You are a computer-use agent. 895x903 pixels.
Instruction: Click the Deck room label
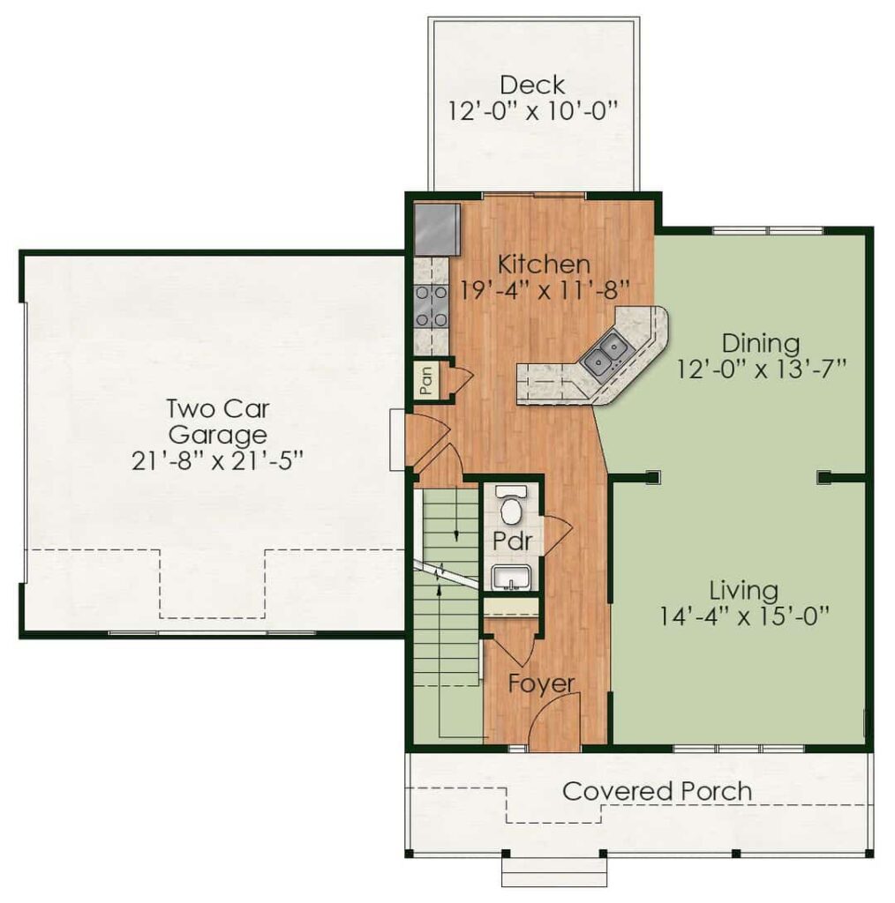pos(532,86)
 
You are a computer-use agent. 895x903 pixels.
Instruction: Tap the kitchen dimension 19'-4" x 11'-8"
pos(544,289)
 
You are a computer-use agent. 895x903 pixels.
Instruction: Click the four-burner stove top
pos(431,306)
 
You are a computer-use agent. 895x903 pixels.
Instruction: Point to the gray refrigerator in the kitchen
pos(437,229)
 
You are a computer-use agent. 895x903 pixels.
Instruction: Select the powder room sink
pos(511,578)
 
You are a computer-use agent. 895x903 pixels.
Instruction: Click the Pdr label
pos(512,541)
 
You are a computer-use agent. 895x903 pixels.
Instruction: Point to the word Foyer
pos(542,683)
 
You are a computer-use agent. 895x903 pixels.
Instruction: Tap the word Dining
pos(761,343)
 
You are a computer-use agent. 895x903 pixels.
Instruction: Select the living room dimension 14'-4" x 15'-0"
pos(744,616)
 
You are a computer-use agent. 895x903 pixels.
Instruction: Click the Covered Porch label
pos(657,791)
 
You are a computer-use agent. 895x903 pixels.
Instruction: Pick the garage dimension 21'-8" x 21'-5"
pos(217,460)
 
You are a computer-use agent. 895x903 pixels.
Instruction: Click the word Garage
pos(218,435)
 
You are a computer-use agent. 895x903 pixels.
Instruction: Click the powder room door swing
pos(557,536)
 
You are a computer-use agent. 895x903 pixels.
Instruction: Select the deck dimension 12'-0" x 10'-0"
pos(533,110)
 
